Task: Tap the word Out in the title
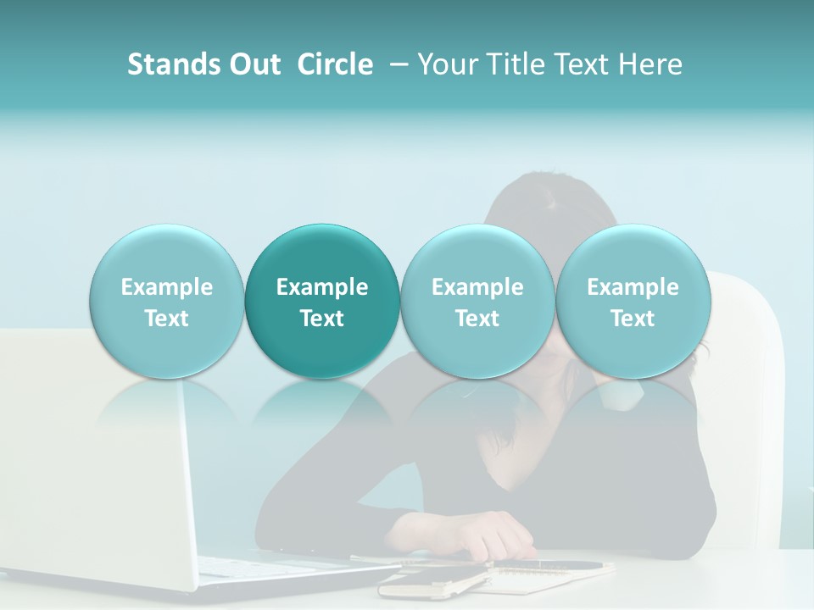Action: click(252, 65)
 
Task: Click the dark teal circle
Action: click(322, 301)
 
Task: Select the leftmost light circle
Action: click(166, 301)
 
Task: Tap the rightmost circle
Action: click(633, 301)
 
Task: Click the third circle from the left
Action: click(477, 301)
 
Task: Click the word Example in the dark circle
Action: click(322, 287)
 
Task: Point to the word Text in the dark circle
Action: click(322, 319)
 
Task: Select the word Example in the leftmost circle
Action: click(166, 287)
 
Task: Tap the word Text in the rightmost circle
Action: click(633, 319)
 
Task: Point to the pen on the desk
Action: click(551, 564)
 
